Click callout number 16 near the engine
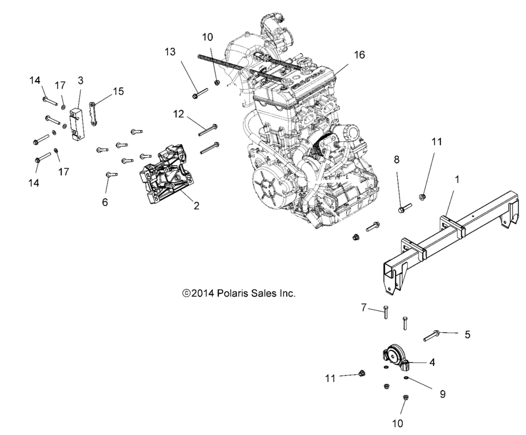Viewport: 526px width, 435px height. pyautogui.click(x=359, y=55)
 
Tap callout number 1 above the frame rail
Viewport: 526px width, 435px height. pyautogui.click(x=457, y=179)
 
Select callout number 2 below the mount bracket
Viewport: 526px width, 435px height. pyautogui.click(x=196, y=205)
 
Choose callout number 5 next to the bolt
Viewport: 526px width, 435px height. pyautogui.click(x=467, y=334)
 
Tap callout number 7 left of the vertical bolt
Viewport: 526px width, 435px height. pyautogui.click(x=364, y=309)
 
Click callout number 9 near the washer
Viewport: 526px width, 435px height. pyautogui.click(x=442, y=394)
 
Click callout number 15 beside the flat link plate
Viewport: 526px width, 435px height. pyautogui.click(x=118, y=91)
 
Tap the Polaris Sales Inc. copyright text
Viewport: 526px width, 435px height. pyautogui.click(x=239, y=293)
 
